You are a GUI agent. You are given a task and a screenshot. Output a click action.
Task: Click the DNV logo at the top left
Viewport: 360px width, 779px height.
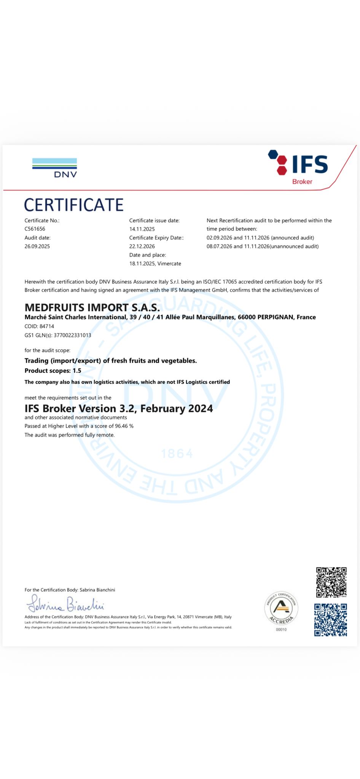point(54,168)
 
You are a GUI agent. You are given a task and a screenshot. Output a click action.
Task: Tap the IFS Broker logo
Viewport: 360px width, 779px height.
point(299,167)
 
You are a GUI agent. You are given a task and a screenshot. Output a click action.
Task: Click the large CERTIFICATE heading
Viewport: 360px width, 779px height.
point(74,205)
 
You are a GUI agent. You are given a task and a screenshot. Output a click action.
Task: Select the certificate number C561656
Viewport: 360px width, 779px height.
point(35,229)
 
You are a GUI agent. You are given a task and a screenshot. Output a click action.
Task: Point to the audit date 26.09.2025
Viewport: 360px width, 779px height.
point(37,246)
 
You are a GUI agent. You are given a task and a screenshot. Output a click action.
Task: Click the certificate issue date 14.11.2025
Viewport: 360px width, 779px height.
point(142,229)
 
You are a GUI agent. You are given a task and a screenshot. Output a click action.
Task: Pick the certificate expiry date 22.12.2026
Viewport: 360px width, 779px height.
point(142,246)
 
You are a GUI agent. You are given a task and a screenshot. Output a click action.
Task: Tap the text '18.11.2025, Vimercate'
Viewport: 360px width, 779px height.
point(155,264)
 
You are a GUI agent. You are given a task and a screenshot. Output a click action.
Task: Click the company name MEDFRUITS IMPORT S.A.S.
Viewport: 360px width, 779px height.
point(92,307)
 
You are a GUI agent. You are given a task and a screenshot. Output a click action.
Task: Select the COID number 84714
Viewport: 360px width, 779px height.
point(47,326)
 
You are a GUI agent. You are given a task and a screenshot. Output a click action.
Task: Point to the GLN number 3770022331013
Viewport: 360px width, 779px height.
point(72,335)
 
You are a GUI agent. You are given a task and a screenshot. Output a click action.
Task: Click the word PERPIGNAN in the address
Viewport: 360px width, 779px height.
point(275,317)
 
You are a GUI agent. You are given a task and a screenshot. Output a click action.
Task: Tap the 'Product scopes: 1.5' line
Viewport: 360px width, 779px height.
point(53,370)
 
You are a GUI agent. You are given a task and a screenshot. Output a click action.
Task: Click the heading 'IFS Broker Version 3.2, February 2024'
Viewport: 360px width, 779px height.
point(119,409)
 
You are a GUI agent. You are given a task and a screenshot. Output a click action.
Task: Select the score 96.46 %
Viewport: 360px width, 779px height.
point(124,426)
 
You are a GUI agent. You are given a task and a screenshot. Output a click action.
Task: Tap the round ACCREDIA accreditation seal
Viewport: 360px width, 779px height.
point(281,608)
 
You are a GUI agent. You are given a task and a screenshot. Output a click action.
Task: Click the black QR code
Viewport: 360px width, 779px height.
point(331,582)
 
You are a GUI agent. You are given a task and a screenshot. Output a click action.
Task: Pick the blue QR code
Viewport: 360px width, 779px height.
point(330,620)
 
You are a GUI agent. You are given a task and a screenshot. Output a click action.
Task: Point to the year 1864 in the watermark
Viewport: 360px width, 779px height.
point(177,453)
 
